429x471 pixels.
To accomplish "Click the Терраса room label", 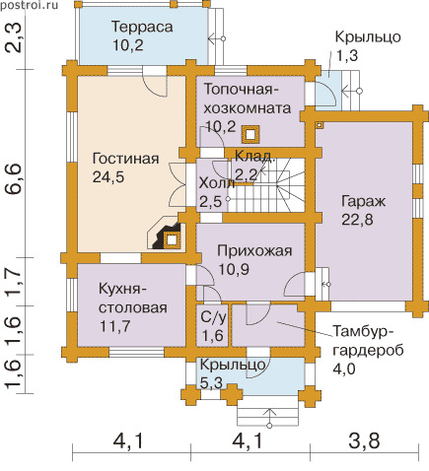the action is click(x=142, y=27).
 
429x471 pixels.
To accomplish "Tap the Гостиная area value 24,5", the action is click(x=108, y=177).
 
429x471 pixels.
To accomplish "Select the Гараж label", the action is click(x=363, y=202).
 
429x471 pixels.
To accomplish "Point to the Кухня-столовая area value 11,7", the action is click(x=115, y=326).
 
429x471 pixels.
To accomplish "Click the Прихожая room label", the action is click(x=254, y=251).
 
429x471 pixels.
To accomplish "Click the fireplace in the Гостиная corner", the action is click(x=167, y=235).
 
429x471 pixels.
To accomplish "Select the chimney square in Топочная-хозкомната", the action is click(x=250, y=135).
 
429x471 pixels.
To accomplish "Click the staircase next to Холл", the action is click(x=266, y=185).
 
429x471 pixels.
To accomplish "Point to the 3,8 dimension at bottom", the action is click(x=364, y=440).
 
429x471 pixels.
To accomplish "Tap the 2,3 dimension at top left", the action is click(x=15, y=38).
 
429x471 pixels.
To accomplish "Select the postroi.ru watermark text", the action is click(x=29, y=5).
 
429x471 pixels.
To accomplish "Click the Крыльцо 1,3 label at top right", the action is click(x=368, y=46).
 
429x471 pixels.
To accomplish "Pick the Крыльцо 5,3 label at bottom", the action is click(x=233, y=373).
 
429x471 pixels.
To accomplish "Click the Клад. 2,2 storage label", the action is click(x=253, y=166).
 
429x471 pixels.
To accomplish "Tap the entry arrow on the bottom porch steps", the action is click(x=269, y=418).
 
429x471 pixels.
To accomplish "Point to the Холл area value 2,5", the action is click(x=211, y=202).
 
